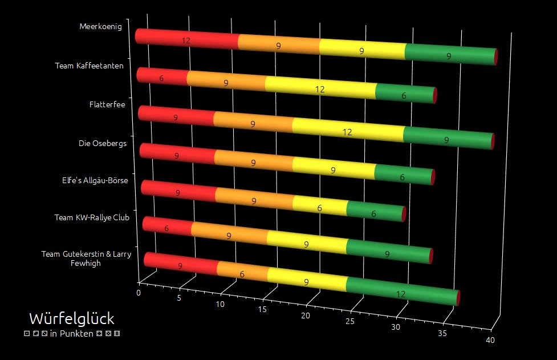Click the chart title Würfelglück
tap(72, 318)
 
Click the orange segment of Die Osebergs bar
tap(254, 163)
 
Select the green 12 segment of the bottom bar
tap(401, 293)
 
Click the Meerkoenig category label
tap(101, 26)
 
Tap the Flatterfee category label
tap(107, 104)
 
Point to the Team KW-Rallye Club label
tap(92, 217)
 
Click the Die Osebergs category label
tap(103, 143)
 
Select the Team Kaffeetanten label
tap(89, 66)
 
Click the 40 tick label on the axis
tap(490, 341)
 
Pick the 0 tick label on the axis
tap(139, 293)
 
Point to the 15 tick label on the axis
tap(263, 310)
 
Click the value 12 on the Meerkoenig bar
tap(186, 41)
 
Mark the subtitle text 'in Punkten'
tap(72, 334)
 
